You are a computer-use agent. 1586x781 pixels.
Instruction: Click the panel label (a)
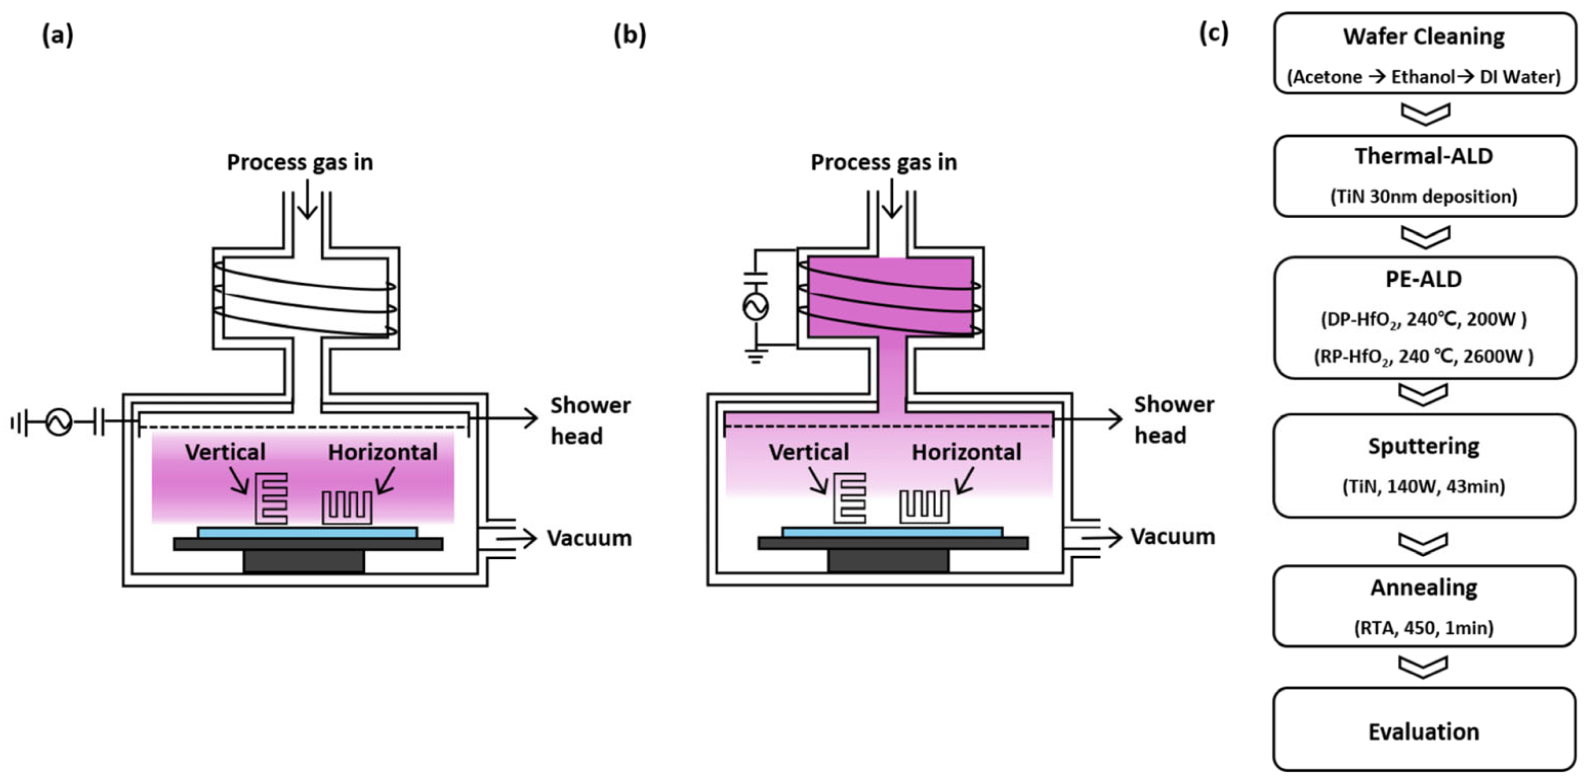click(x=57, y=35)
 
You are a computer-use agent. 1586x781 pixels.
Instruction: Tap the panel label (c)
click(x=1213, y=33)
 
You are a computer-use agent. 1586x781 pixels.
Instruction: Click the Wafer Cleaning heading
click(x=1424, y=36)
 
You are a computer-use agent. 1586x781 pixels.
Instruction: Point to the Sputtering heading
click(x=1424, y=446)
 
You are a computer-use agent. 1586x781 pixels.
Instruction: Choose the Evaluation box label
click(x=1424, y=732)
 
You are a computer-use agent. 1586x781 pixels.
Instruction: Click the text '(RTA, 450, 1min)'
click(x=1424, y=628)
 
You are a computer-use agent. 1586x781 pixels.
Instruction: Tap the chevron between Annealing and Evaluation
click(x=1424, y=666)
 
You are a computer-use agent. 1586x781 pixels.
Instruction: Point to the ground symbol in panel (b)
click(x=756, y=356)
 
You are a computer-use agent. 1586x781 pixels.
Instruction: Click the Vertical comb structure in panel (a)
click(x=272, y=498)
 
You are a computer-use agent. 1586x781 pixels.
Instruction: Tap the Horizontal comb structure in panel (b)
click(x=925, y=506)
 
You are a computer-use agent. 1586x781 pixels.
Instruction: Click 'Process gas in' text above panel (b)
click(x=883, y=162)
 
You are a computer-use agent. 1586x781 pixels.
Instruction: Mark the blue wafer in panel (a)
click(x=307, y=532)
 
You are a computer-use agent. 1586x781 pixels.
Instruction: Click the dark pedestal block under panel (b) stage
click(x=888, y=561)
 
